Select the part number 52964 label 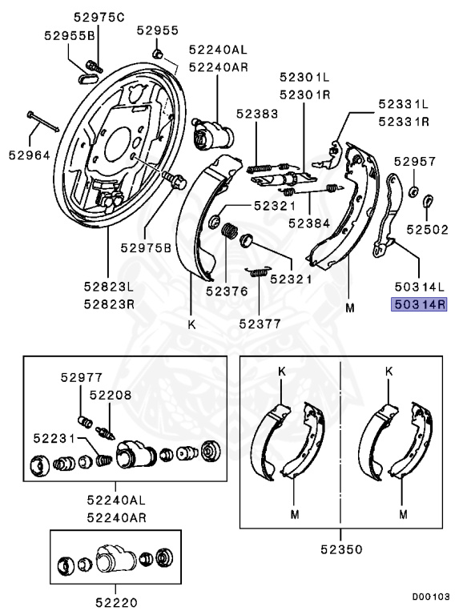point(29,154)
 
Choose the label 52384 point(309,223)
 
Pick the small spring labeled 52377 point(258,271)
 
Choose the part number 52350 point(340,550)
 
